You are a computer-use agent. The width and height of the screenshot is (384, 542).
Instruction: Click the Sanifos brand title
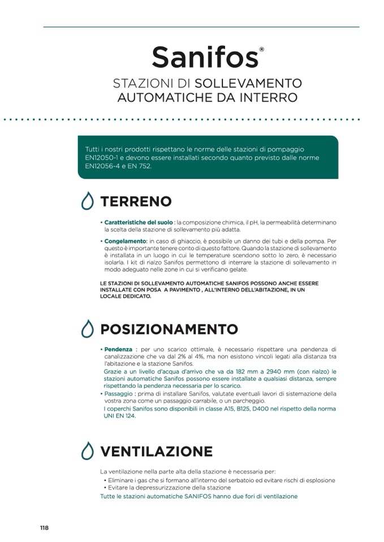(x=205, y=57)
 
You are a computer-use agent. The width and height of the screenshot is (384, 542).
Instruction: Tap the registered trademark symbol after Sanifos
(x=261, y=50)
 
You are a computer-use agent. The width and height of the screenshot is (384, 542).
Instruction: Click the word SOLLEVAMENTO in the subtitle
(x=252, y=83)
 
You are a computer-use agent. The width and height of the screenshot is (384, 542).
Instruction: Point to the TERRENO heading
(x=136, y=202)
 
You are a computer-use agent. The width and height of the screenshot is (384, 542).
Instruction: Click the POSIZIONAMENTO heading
(x=169, y=329)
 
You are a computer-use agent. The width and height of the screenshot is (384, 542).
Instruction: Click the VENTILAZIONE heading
(x=156, y=452)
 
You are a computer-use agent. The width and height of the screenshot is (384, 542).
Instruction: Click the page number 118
(x=44, y=528)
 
